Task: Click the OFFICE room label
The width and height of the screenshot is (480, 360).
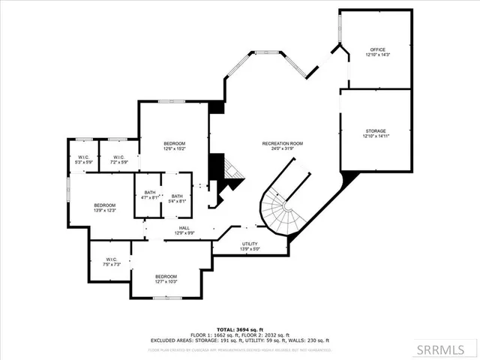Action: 377,49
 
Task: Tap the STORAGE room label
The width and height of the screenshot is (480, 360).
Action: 375,131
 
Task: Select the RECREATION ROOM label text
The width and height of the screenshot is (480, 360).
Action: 282,142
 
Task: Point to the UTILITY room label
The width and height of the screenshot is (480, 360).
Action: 250,244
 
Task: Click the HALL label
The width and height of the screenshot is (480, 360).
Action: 184,228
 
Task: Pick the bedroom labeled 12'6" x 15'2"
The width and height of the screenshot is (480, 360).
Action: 175,143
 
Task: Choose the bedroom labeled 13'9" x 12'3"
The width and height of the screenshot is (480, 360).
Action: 104,205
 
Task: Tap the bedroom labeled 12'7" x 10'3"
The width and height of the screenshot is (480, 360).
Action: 166,276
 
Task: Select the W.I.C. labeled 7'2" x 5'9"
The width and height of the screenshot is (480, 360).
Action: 119,157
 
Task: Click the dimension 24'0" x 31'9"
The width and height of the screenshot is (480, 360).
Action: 282,148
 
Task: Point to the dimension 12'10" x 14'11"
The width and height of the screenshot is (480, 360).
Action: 375,136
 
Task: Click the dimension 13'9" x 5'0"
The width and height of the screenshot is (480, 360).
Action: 250,249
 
